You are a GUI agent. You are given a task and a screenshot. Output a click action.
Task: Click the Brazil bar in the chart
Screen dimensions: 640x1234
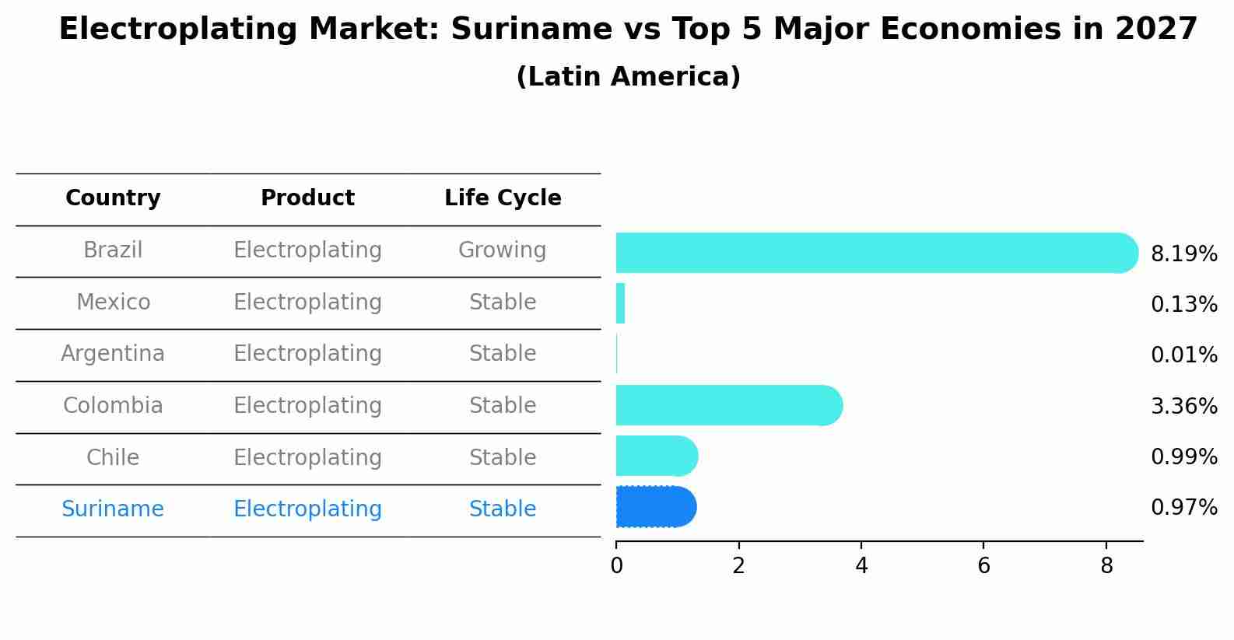coord(875,253)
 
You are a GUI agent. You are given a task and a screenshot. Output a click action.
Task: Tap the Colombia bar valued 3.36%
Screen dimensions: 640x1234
coord(728,405)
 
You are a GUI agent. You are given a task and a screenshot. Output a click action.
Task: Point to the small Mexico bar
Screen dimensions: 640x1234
coord(620,303)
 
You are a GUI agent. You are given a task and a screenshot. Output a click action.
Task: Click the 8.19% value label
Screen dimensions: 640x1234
coord(1183,254)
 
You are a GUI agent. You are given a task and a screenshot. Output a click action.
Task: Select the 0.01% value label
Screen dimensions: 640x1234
coord(1183,355)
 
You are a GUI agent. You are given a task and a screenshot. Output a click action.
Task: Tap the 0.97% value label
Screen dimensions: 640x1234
coord(1183,508)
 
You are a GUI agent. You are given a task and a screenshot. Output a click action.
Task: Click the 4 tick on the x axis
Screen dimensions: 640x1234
coord(861,566)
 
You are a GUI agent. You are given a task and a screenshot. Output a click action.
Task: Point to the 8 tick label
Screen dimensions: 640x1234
coord(1106,566)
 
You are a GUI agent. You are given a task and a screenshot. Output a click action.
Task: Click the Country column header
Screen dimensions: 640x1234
coord(113,198)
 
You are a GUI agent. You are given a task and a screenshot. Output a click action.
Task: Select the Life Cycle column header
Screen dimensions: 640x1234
coord(503,198)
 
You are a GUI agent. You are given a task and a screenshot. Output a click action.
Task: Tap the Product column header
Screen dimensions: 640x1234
coord(307,198)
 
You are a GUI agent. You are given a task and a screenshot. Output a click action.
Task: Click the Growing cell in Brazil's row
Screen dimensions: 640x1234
coord(502,250)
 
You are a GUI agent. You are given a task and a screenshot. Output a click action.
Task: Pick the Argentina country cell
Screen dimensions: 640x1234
coord(113,354)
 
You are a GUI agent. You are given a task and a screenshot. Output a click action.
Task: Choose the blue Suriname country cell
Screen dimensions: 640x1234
coord(113,509)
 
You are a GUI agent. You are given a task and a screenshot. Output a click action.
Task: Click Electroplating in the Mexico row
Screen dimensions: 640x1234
coord(307,303)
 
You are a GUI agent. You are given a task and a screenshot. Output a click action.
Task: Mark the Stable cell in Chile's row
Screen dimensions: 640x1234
coord(502,458)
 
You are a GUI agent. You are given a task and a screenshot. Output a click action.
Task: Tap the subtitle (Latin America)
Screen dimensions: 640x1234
coord(628,77)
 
